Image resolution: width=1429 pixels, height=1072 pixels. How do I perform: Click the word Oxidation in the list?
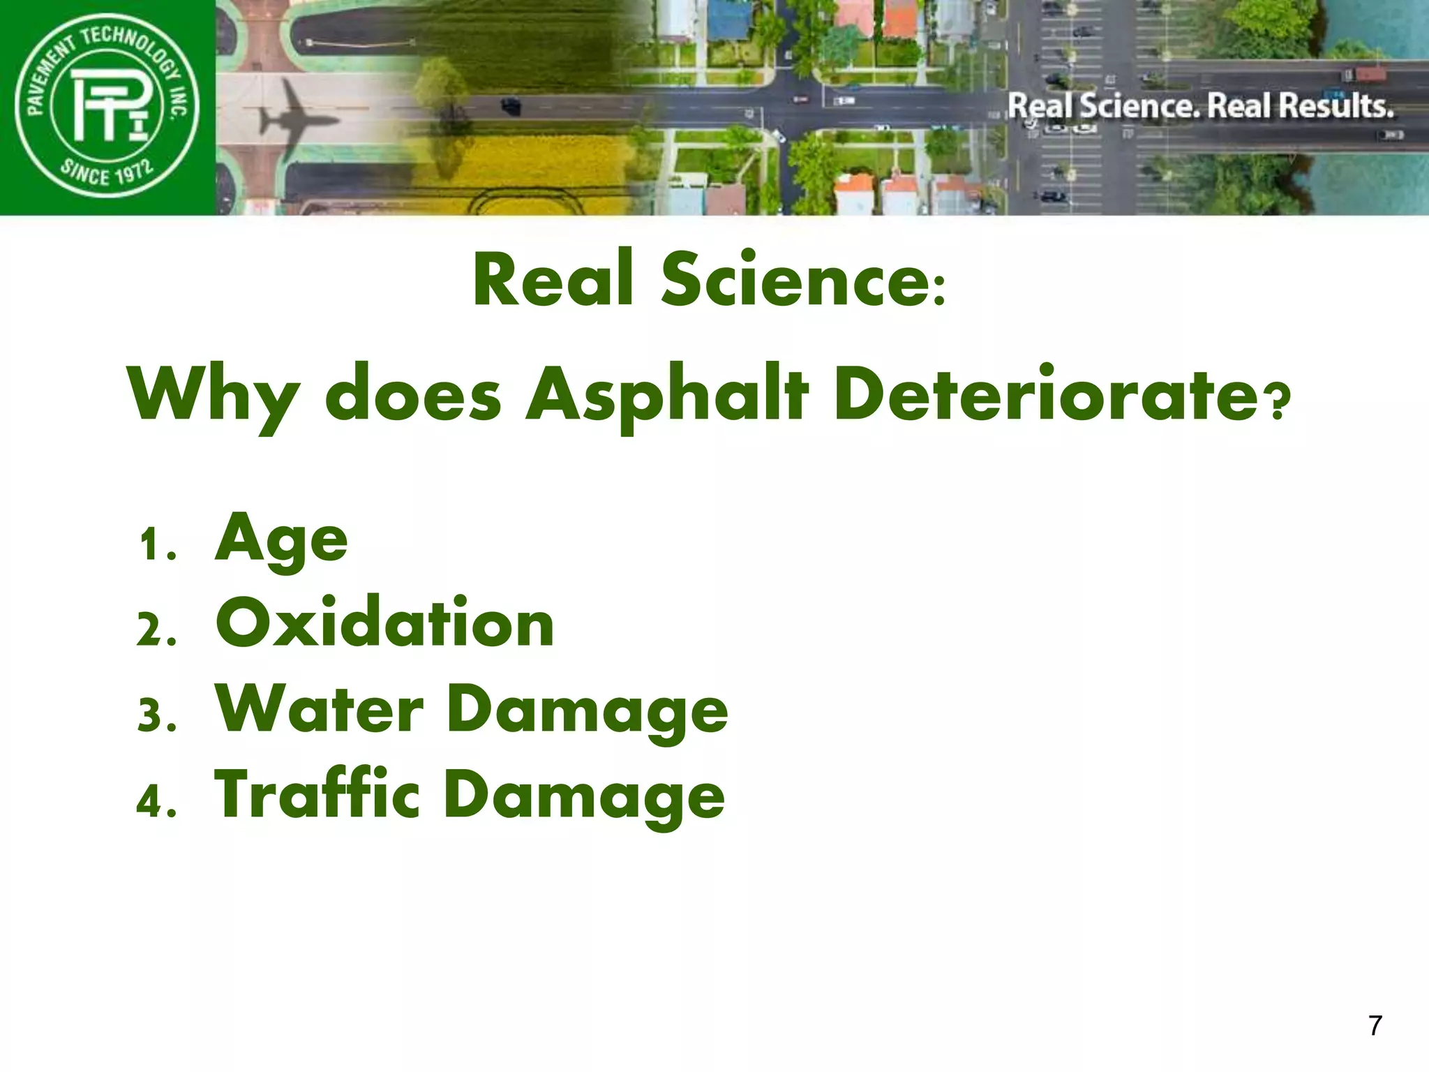coord(384,623)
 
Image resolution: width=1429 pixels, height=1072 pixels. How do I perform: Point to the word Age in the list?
coord(281,539)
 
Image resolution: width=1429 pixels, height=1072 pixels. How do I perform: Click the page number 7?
coord(1375,1025)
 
